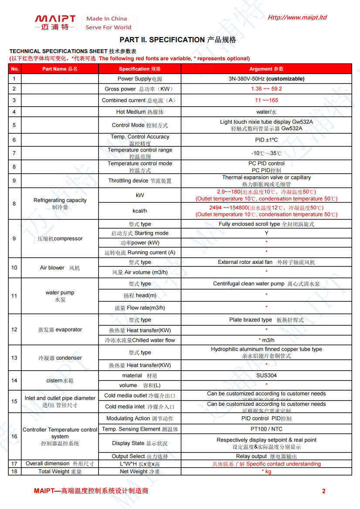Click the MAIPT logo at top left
point(55,22)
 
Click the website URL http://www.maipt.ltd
point(297,17)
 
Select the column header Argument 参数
point(266,69)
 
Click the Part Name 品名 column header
point(60,69)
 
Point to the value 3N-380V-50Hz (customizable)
point(266,79)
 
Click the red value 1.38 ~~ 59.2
point(266,89)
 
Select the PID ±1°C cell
point(266,140)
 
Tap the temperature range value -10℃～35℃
point(266,153)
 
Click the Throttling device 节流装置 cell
point(139,181)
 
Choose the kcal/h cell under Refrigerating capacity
point(139,211)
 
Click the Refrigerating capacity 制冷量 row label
point(60,204)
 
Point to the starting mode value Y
point(266,233)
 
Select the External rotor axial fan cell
point(266,262)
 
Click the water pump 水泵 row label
point(60,296)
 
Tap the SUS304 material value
point(266,375)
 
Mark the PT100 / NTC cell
point(266,429)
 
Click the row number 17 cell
point(14,464)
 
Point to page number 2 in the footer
point(324,491)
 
